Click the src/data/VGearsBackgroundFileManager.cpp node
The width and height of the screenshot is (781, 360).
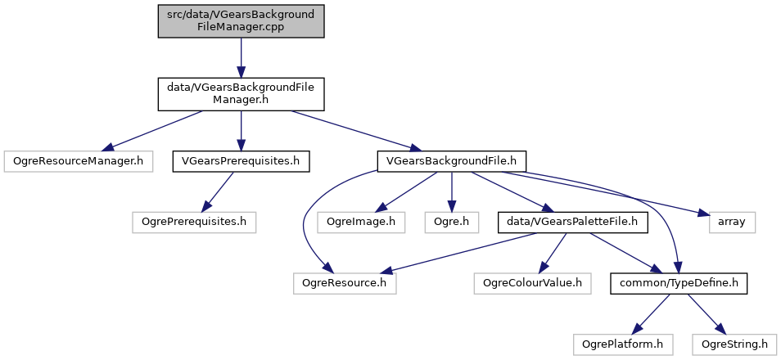[x=242, y=20]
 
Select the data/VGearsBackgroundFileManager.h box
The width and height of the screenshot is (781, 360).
[x=242, y=95]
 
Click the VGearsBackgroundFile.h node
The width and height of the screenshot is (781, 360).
[x=451, y=160]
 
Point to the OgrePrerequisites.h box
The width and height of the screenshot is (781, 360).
[x=194, y=221]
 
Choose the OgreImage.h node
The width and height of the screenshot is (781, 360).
[x=361, y=221]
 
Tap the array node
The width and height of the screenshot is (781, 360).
[x=732, y=221]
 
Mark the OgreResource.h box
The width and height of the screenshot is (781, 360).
[x=345, y=283]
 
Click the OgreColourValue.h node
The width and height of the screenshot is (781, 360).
[x=532, y=283]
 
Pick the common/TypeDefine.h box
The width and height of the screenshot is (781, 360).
[x=679, y=283]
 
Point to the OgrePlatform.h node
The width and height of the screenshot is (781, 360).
[x=623, y=344]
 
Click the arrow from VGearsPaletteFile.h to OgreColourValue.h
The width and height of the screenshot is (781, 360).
[x=552, y=252]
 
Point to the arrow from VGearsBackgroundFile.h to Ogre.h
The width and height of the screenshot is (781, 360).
[x=449, y=191]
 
